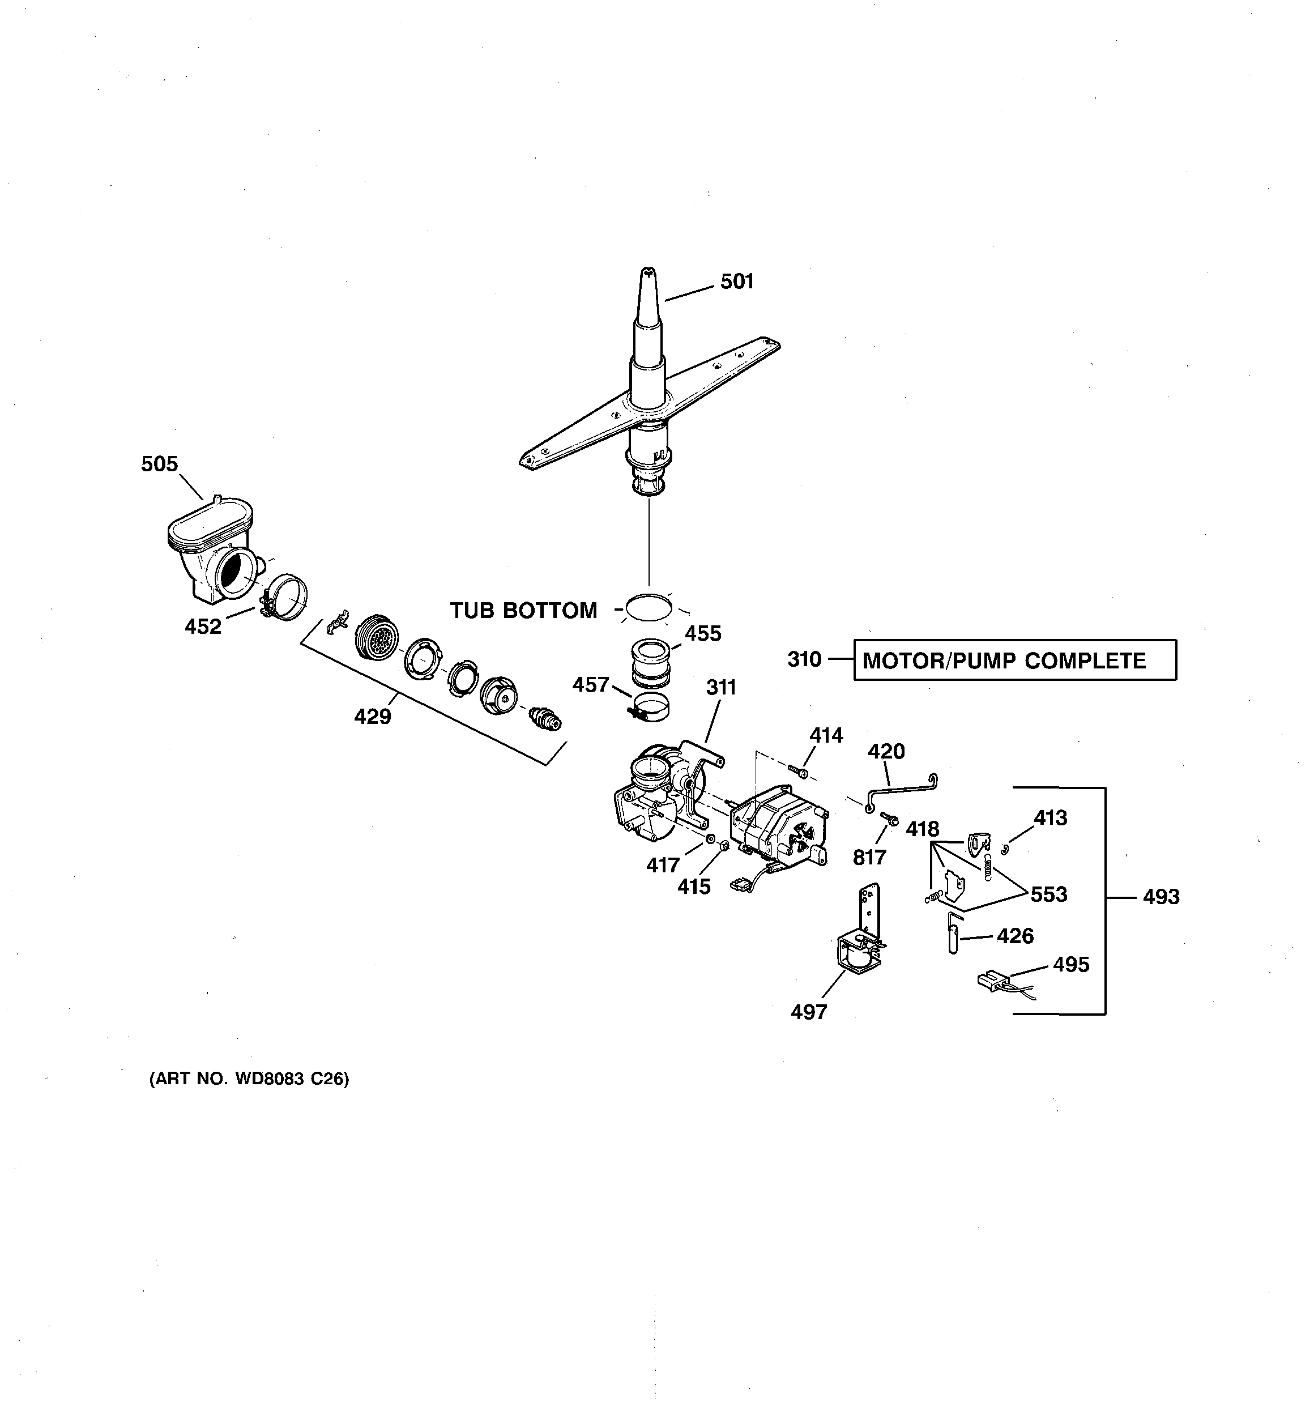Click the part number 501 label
point(737,282)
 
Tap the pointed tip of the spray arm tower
point(647,273)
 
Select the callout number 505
point(159,464)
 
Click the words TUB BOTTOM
point(523,611)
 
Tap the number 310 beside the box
point(804,659)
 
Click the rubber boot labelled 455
point(650,662)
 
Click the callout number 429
point(373,717)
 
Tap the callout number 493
point(1161,897)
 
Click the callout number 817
point(869,858)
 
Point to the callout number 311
point(721,688)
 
